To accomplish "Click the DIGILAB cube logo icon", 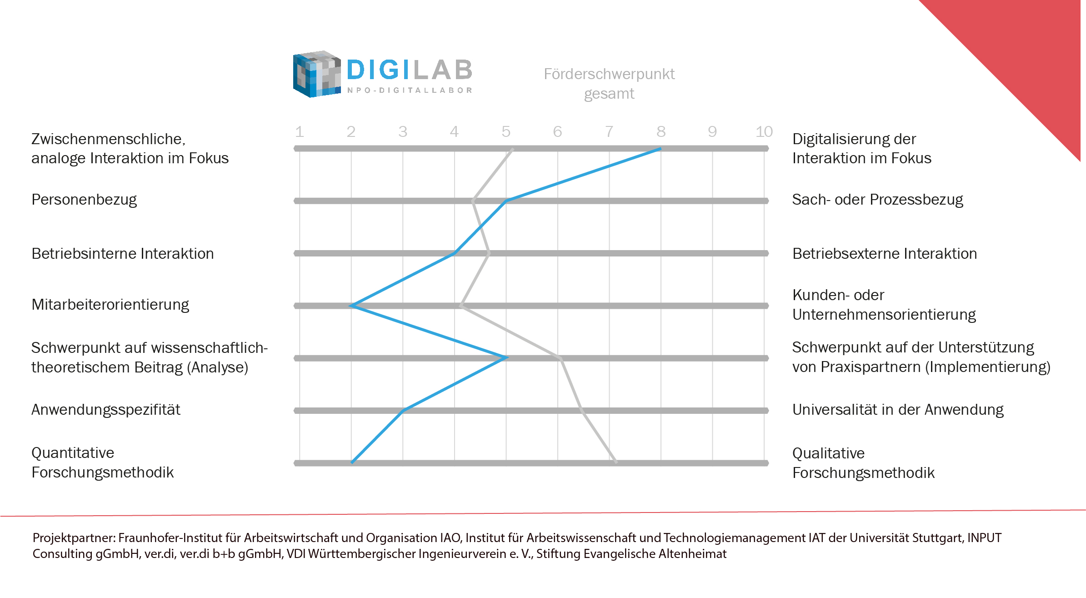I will click(x=316, y=74).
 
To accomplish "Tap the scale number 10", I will click(x=764, y=132).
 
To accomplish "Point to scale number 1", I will click(x=299, y=132).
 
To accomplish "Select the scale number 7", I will click(x=609, y=132).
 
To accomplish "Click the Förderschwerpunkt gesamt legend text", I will click(x=609, y=84).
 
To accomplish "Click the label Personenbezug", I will click(x=84, y=200).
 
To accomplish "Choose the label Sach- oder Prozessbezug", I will click(x=877, y=200).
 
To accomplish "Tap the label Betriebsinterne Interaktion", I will click(x=122, y=254).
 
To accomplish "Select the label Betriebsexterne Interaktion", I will click(x=884, y=254).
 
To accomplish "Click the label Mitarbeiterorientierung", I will click(x=110, y=305).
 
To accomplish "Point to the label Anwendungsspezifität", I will click(x=105, y=410).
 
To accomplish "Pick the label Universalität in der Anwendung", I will click(x=897, y=410).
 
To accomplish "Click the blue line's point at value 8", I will click(x=660, y=149).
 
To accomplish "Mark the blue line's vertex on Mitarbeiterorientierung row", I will click(x=351, y=306).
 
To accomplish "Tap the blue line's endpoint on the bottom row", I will click(x=352, y=462).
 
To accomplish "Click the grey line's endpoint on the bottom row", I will click(x=616, y=462).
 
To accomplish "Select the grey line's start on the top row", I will click(x=512, y=149).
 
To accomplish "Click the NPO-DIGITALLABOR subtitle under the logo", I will click(x=409, y=90).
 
